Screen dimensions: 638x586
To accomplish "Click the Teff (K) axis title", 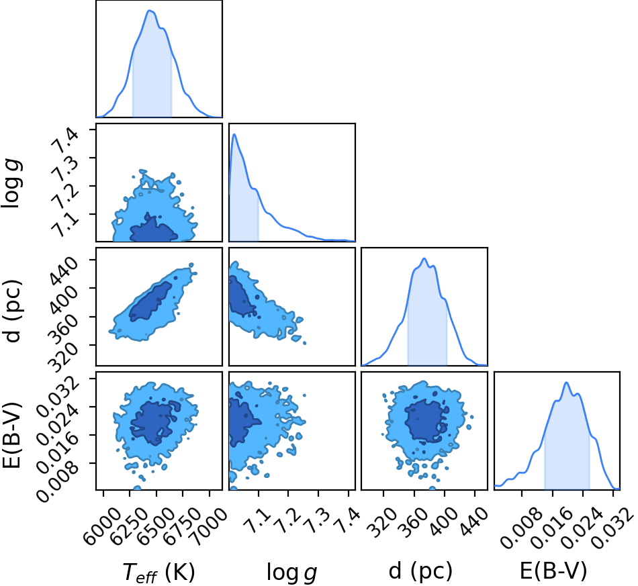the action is (x=158, y=572).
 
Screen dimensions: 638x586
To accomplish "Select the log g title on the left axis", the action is (x=12, y=184).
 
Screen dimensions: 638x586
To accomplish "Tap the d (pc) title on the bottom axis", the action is (x=420, y=571).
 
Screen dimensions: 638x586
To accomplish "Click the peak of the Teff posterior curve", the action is (x=150, y=10).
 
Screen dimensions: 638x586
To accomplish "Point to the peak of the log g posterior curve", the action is (x=234, y=134).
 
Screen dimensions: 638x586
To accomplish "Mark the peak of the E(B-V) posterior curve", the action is (x=566, y=383).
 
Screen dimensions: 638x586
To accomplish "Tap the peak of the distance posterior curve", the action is (x=424, y=258).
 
